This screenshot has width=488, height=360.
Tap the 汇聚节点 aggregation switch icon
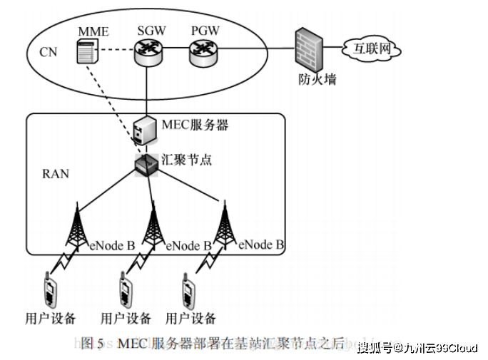click(147, 165)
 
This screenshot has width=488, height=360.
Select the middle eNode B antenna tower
click(152, 224)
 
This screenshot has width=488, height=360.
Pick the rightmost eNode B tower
click(225, 222)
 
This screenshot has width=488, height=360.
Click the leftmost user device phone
click(49, 288)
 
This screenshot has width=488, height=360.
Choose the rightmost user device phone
click(190, 289)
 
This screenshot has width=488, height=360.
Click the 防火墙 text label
click(317, 80)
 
